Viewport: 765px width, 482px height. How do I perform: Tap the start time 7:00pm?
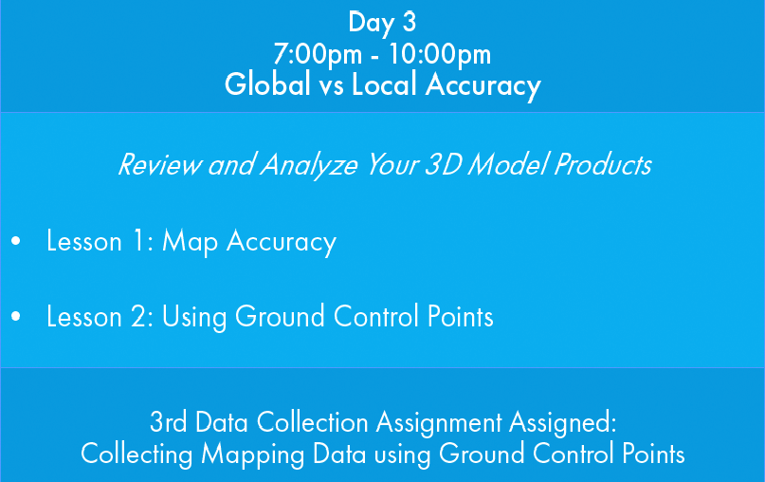click(x=318, y=54)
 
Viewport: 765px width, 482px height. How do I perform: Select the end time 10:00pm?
click(x=440, y=54)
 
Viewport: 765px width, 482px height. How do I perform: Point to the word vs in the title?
click(x=332, y=86)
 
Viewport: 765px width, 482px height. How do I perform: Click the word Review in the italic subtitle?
click(x=159, y=164)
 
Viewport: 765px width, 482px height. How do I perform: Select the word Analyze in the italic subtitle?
click(x=309, y=165)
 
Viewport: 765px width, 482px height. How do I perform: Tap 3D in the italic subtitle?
click(x=443, y=164)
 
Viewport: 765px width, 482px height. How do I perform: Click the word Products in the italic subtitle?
click(x=603, y=164)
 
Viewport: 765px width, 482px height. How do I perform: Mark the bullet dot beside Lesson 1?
click(x=16, y=241)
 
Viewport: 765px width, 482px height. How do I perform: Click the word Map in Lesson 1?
click(x=190, y=243)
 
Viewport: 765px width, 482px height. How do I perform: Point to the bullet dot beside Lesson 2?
click(x=16, y=316)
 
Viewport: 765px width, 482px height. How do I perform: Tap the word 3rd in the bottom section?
click(x=169, y=422)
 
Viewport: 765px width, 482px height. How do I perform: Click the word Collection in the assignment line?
click(x=312, y=422)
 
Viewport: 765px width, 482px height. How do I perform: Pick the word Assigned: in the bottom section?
click(x=562, y=423)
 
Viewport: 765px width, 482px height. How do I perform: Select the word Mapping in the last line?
click(x=253, y=454)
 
